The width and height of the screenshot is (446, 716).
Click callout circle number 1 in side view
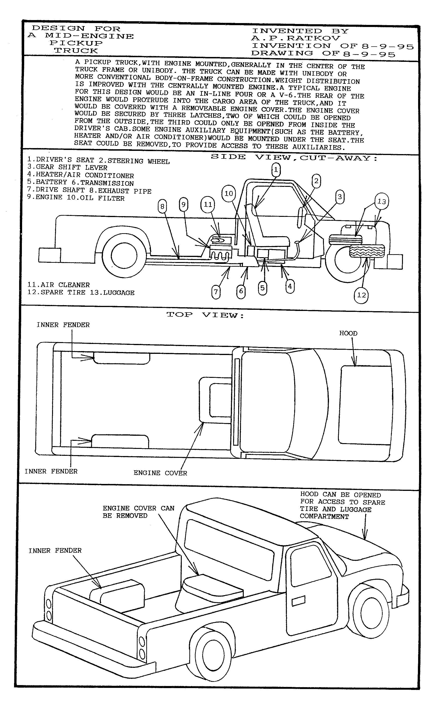pos(276,170)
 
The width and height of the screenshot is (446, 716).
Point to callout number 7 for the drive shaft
pos(216,292)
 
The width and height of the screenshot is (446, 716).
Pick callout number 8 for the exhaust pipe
pos(162,206)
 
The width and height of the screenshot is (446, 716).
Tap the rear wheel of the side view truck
pos(124,255)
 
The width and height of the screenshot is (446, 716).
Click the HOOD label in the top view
pos(348,333)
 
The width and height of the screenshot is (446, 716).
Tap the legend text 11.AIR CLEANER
pos(59,285)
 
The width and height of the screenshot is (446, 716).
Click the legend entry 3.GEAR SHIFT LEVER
pos(67,167)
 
